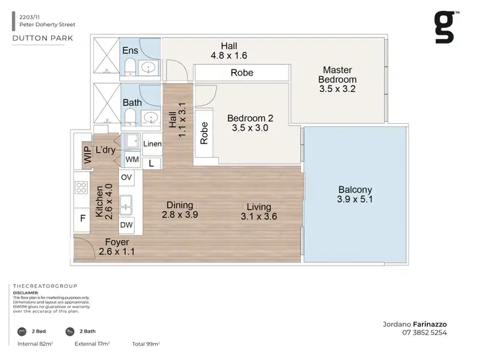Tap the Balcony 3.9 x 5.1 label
click(x=355, y=195)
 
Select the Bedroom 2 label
click(x=252, y=123)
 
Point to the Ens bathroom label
click(x=130, y=50)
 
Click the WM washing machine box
click(x=132, y=159)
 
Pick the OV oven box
click(x=126, y=177)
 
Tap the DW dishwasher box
click(x=126, y=225)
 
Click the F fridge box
click(x=82, y=218)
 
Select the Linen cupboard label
click(x=153, y=144)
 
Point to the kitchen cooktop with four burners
click(x=82, y=188)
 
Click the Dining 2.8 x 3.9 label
click(x=179, y=210)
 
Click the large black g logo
click(x=445, y=27)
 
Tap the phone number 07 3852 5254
click(x=424, y=333)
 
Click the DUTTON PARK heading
click(x=42, y=38)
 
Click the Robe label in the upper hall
click(x=241, y=73)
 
